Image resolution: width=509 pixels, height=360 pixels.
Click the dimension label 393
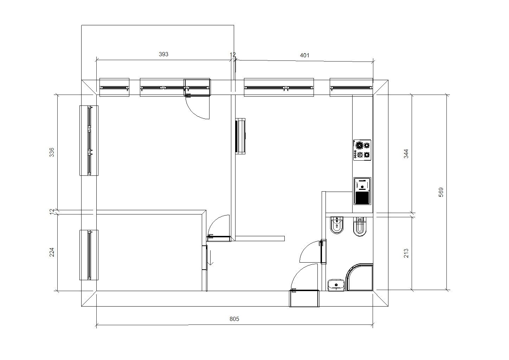coord(163,54)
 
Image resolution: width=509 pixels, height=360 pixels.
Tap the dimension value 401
coord(304,55)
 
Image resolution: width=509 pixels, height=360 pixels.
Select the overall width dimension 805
coord(234,319)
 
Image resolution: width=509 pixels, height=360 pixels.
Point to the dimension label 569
coord(440,192)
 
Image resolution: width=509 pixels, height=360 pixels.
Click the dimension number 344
coord(406,154)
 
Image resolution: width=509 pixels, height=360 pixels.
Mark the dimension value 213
coord(406,253)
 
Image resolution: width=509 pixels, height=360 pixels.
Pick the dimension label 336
coord(52,152)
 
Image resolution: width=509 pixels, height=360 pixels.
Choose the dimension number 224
coord(52,252)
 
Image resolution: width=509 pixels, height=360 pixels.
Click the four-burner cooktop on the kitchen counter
coord(362,150)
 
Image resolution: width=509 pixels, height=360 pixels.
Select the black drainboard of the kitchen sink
coord(362,198)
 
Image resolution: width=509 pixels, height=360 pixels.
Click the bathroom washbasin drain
coord(336,284)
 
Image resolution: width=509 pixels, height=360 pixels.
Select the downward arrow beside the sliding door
coord(211,258)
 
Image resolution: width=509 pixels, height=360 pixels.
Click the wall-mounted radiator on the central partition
coord(240,136)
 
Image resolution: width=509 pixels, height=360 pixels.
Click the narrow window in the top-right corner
coord(351,88)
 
